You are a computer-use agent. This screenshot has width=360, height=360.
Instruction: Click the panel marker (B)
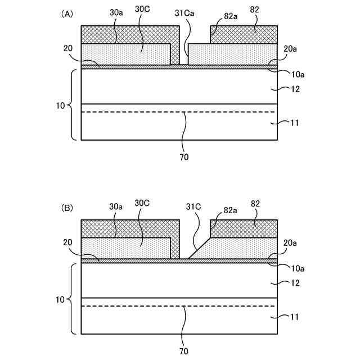67,208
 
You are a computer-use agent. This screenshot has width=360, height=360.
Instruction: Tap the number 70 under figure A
184,157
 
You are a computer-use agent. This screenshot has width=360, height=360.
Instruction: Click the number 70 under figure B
184,350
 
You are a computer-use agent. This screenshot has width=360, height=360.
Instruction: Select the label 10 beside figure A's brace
61,105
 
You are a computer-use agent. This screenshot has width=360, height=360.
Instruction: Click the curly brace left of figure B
72,299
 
